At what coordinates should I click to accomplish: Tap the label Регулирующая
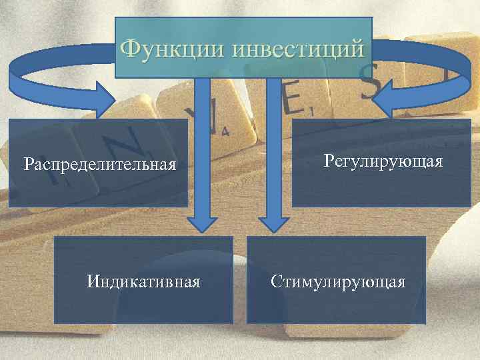[383, 161]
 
